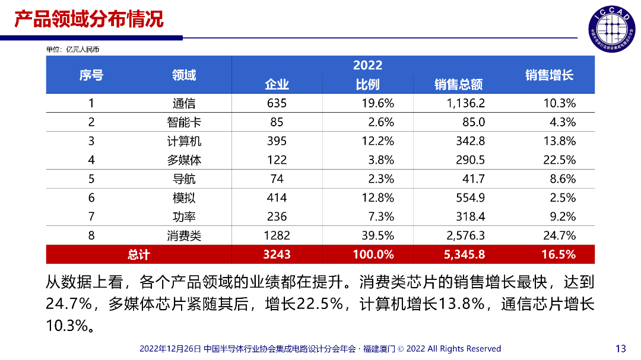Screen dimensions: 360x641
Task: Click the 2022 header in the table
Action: pos(367,65)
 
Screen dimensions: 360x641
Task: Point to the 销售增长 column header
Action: pos(549,75)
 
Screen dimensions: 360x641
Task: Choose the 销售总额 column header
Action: pos(458,85)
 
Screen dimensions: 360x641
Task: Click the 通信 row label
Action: pos(184,103)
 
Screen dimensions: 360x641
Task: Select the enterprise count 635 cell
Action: pos(277,103)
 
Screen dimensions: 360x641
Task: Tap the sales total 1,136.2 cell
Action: pos(465,103)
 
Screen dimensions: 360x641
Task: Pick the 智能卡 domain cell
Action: pos(184,123)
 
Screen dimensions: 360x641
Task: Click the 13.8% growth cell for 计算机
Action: pos(559,141)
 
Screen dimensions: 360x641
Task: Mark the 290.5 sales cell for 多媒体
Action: pos(469,160)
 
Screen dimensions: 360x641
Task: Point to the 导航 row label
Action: pos(184,179)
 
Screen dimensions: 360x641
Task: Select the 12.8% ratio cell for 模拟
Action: pos(378,198)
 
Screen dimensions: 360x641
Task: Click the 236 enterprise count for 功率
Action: pos(277,217)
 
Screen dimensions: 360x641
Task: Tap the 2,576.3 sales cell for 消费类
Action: pos(465,236)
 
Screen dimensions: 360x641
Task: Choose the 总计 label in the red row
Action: pos(138,255)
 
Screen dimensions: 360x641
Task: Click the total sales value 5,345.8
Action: pos(465,255)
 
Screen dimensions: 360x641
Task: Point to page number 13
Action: pos(621,348)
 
